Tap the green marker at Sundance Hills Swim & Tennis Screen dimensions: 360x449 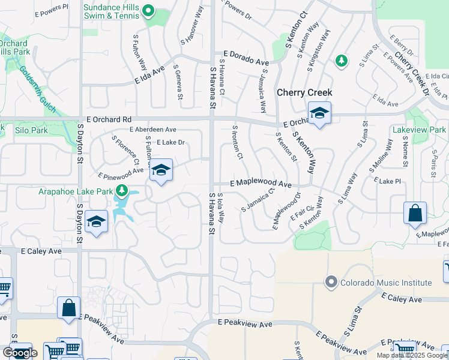pyautogui.click(x=149, y=11)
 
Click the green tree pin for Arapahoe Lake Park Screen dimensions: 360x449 pyautogui.click(x=122, y=191)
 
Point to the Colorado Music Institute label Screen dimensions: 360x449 pyautogui.click(x=386, y=283)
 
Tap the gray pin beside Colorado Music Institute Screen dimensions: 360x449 pyautogui.click(x=330, y=281)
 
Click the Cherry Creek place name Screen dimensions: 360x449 pyautogui.click(x=304, y=93)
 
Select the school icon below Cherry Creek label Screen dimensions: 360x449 pyautogui.click(x=319, y=113)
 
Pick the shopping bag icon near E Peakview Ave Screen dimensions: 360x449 pyautogui.click(x=68, y=308)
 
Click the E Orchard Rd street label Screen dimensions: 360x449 pyautogui.click(x=108, y=119)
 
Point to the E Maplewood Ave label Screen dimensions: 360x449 pyautogui.click(x=261, y=184)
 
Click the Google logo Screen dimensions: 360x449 pyautogui.click(x=20, y=353)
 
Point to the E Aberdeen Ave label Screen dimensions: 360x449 pyautogui.click(x=152, y=129)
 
